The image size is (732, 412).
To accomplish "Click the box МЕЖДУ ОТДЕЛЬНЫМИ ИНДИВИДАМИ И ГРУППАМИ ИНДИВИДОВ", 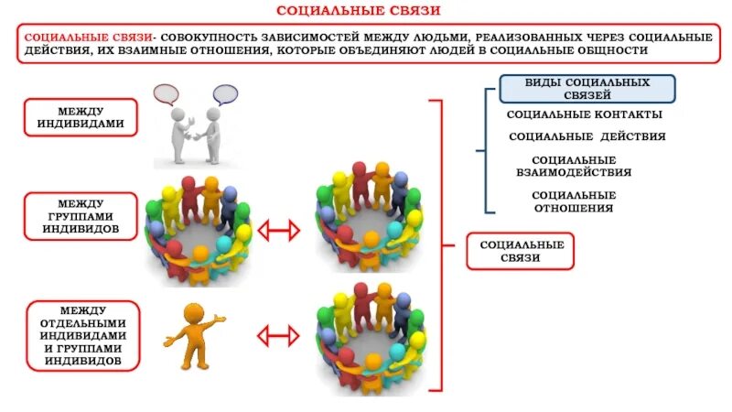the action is click(83, 335).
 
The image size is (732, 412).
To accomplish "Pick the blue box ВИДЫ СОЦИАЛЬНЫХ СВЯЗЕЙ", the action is click(587, 89).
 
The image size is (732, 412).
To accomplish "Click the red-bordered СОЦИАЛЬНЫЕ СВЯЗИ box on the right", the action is click(520, 251).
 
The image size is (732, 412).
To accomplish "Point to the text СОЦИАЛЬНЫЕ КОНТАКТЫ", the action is click(585, 115).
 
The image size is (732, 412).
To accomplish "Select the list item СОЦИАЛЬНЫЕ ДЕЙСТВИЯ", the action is click(587, 136).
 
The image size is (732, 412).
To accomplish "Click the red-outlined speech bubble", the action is click(166, 94).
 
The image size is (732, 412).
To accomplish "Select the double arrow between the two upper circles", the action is click(279, 231).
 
